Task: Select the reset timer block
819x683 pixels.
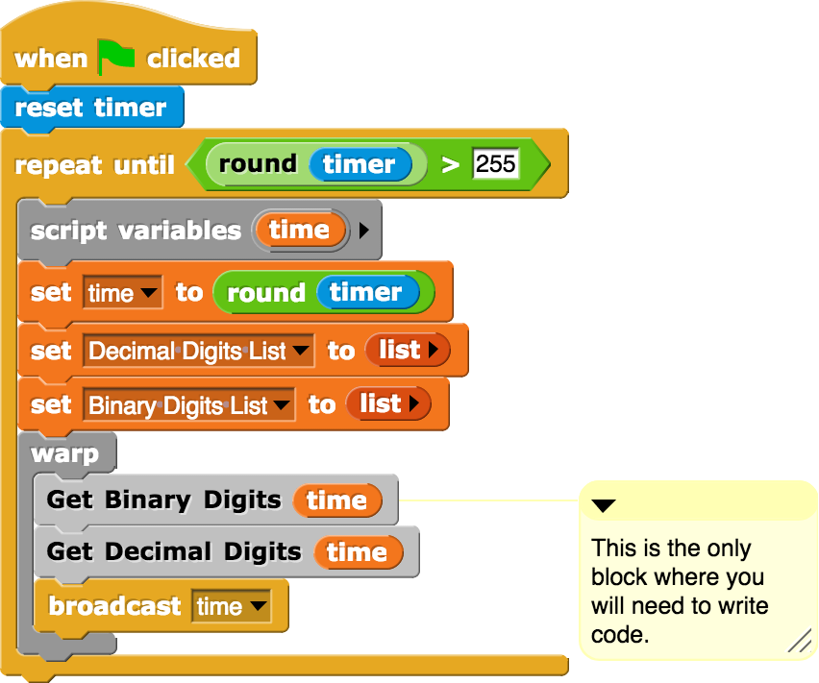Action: [x=90, y=108]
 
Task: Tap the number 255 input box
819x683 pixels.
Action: [x=496, y=164]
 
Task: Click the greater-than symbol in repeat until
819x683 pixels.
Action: [x=450, y=164]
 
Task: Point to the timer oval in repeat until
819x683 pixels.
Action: [x=360, y=164]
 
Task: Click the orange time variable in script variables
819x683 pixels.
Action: [x=299, y=230]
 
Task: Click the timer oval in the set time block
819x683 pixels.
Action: [x=366, y=293]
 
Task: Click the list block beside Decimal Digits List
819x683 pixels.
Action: [x=408, y=351]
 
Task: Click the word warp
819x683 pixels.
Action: [x=64, y=452]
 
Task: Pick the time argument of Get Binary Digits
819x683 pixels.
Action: [x=336, y=500]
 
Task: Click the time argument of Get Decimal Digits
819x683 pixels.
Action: [x=357, y=552]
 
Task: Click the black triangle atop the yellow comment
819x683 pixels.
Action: [x=604, y=505]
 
